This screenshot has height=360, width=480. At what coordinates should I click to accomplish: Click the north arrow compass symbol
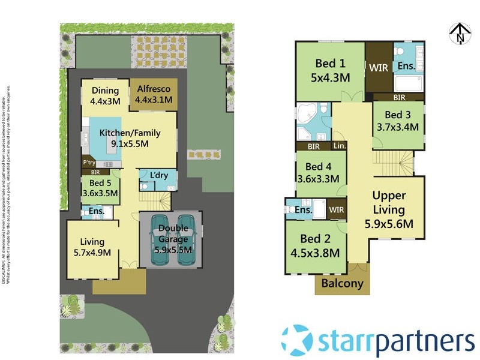459,33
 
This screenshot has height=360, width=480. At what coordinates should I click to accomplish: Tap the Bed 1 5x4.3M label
331,70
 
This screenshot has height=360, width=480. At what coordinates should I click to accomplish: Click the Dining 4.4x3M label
106,96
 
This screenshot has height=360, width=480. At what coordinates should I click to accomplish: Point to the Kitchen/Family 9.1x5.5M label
124,138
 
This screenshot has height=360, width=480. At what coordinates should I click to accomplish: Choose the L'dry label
159,175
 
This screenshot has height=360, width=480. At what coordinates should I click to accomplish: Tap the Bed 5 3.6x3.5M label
100,188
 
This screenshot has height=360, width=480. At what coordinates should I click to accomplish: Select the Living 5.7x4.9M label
92,247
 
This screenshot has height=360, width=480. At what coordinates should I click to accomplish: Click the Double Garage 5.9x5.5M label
173,239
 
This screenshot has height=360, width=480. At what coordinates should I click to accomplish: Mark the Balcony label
343,283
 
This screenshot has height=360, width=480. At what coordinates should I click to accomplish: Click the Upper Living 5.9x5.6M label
389,210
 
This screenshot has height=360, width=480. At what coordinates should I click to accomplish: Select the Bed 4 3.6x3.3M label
319,173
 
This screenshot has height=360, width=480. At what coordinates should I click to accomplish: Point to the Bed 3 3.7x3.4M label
397,121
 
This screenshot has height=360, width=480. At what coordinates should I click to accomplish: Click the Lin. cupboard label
340,145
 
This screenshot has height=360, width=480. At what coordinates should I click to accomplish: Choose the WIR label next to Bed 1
379,68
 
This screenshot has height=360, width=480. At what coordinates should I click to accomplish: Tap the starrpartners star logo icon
297,340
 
